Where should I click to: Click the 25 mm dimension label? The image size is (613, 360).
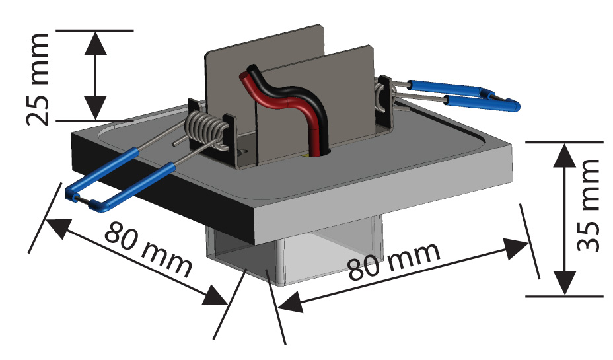tap(39, 77)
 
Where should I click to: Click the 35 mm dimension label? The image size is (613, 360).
tap(587, 205)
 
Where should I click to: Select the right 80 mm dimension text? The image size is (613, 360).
tap(394, 260)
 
